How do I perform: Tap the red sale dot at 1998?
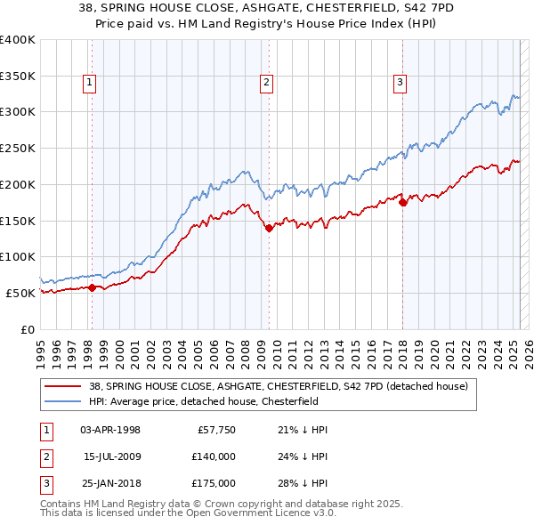(x=92, y=287)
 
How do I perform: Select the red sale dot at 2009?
(x=269, y=228)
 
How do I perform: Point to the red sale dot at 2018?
(x=403, y=202)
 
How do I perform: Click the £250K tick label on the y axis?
(x=18, y=148)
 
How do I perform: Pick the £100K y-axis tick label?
(x=18, y=256)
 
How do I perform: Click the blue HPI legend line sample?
(x=62, y=401)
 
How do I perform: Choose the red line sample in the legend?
(x=62, y=386)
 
